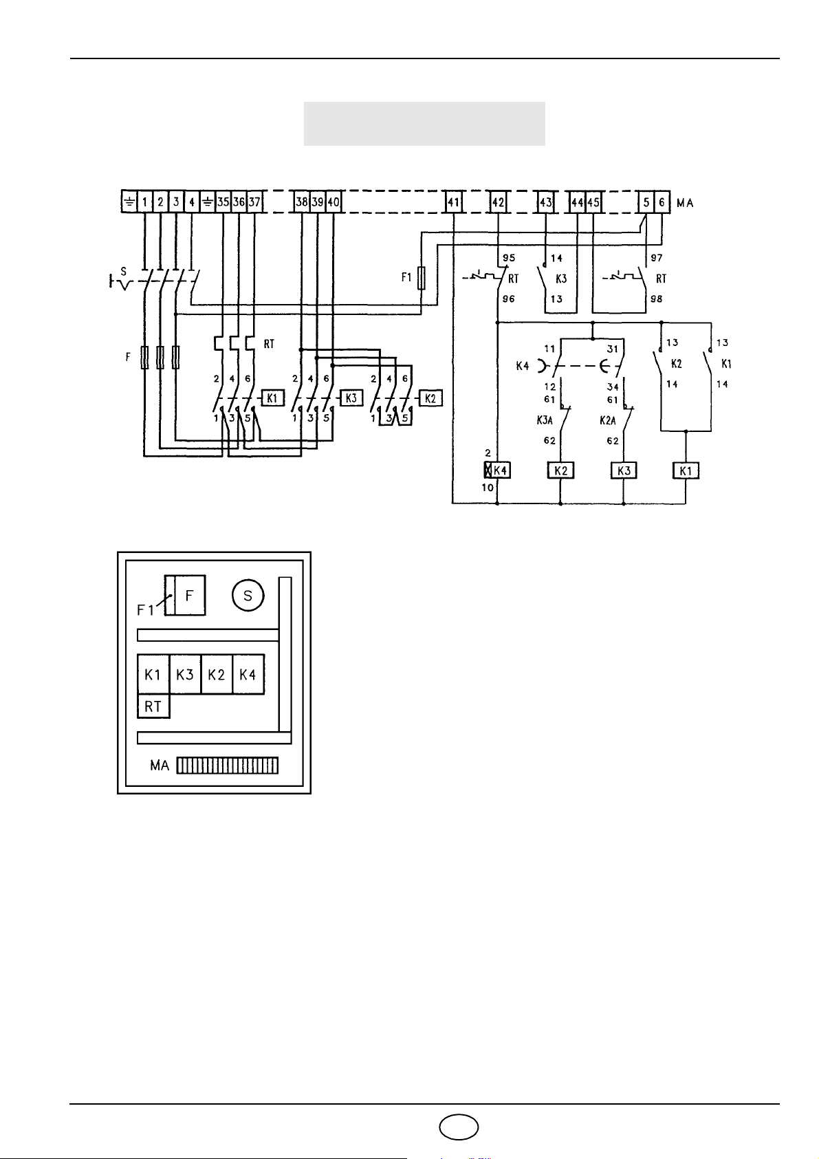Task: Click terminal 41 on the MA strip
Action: click(x=453, y=202)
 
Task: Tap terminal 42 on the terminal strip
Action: click(x=498, y=202)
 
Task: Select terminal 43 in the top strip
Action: click(x=546, y=202)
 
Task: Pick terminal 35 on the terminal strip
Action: click(x=223, y=202)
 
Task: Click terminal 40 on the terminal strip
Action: click(x=334, y=202)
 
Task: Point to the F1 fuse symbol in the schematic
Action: click(x=421, y=278)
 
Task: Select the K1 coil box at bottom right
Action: click(x=686, y=471)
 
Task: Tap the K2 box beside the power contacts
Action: click(x=430, y=398)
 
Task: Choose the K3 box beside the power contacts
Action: click(x=351, y=398)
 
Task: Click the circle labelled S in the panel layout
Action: click(x=248, y=596)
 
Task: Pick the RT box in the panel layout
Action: click(x=153, y=706)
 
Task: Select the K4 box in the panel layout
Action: click(x=248, y=674)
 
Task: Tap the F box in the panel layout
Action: click(x=189, y=596)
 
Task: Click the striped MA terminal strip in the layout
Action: click(x=227, y=766)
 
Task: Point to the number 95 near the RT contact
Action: click(x=509, y=258)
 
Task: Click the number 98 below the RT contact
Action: click(x=656, y=299)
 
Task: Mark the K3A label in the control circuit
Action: click(x=544, y=421)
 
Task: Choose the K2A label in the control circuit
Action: click(x=607, y=421)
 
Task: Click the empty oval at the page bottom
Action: click(x=459, y=1127)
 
